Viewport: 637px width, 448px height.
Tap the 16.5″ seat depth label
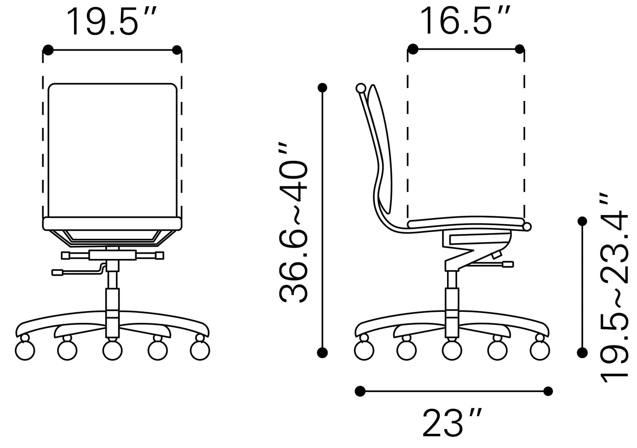coord(466,21)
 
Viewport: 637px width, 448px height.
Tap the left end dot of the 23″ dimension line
coord(360,390)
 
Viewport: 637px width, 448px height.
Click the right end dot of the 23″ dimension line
coord(548,390)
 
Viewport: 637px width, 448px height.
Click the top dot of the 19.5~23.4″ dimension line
coord(582,221)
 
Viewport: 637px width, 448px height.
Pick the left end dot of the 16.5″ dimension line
coord(413,49)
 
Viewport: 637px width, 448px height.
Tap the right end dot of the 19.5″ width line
coord(177,50)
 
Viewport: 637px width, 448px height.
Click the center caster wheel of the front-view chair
coord(112,350)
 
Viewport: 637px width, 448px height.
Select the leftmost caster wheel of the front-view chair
coord(25,350)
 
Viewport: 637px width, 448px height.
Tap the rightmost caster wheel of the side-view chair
coord(540,350)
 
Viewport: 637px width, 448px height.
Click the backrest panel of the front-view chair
coord(112,150)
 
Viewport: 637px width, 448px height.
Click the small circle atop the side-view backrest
coord(361,89)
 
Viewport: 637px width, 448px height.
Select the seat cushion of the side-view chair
coord(467,224)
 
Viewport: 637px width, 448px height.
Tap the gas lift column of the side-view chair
coord(452,300)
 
